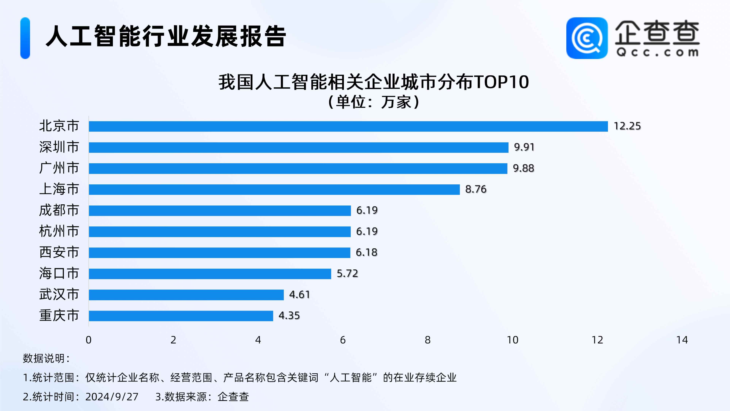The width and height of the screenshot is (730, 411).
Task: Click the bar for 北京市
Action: [348, 126]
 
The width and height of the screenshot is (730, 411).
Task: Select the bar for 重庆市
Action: [181, 316]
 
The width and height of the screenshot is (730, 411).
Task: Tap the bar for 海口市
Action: [210, 274]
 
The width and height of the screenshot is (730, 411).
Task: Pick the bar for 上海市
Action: [274, 190]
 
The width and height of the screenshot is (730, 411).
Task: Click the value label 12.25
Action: [627, 126]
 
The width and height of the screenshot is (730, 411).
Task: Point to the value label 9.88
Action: [523, 168]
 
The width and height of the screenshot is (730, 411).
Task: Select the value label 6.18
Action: [366, 253]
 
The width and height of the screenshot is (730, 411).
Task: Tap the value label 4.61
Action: [299, 295]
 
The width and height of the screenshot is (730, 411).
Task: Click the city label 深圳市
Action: [59, 147]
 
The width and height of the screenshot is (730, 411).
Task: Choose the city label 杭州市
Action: [59, 231]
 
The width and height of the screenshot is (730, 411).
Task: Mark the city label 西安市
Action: [59, 253]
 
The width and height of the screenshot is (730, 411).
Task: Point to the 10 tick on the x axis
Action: [512, 340]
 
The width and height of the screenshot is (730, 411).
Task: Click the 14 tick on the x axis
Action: [682, 340]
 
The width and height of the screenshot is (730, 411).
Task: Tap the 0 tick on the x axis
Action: [89, 340]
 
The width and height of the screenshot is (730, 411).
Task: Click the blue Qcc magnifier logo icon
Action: [587, 38]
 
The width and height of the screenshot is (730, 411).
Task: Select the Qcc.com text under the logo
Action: [657, 53]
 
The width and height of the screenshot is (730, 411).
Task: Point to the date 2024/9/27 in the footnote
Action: [112, 397]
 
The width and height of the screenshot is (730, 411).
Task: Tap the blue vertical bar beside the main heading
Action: [25, 38]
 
